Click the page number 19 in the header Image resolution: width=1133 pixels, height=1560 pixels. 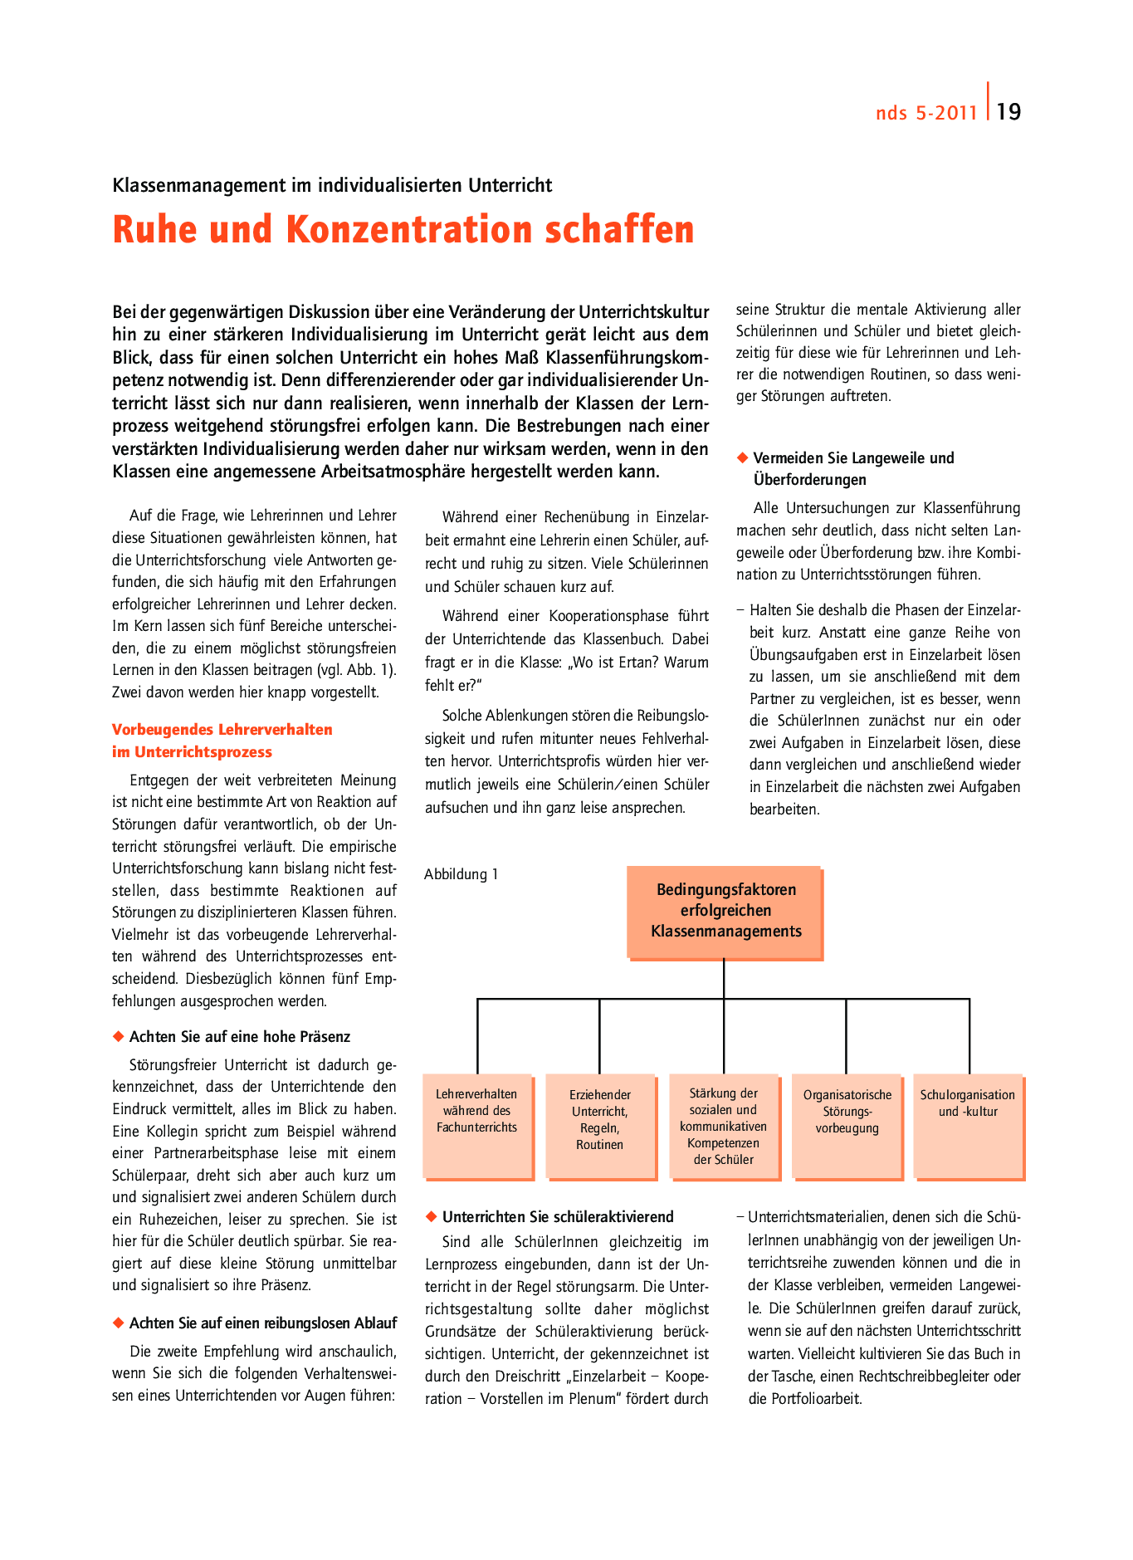tap(1008, 112)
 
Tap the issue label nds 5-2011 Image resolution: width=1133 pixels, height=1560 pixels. tap(926, 113)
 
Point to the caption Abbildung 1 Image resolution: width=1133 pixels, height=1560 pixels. tap(461, 874)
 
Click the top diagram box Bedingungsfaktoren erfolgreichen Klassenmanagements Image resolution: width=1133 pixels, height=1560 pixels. tap(725, 912)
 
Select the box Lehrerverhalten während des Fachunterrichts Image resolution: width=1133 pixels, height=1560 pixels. tap(476, 1125)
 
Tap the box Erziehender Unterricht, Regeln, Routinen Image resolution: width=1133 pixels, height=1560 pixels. tap(599, 1126)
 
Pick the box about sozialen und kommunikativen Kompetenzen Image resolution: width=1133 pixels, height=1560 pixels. tap(723, 1126)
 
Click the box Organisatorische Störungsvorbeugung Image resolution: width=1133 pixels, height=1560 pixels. tap(847, 1126)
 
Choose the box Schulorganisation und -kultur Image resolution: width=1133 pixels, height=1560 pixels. tap(968, 1126)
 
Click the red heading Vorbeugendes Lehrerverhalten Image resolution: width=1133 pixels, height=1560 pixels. tap(222, 730)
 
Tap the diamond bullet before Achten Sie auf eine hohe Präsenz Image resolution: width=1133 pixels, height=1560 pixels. tap(118, 1036)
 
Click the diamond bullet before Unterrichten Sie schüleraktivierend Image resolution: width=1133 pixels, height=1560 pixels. tap(431, 1216)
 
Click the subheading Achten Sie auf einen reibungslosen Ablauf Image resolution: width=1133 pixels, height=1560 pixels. tap(263, 1323)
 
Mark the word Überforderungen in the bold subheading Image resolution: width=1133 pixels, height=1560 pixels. tap(809, 480)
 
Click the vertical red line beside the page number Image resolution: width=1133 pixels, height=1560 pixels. tap(989, 101)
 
